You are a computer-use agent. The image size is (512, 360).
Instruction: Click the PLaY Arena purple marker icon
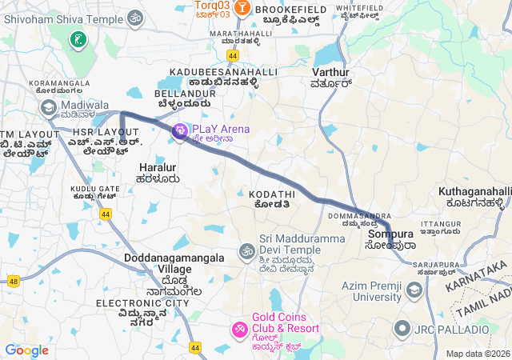point(180,130)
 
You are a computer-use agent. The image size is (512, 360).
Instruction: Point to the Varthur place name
point(330,72)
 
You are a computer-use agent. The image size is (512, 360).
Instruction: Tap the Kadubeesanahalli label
point(223,72)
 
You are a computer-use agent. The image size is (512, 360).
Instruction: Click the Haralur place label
point(157,167)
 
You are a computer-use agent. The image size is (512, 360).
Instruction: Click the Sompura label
point(388,235)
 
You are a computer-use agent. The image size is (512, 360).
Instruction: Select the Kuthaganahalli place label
point(474,191)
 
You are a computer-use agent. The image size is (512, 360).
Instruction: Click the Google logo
point(26,350)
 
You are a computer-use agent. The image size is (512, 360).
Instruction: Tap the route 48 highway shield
point(14,281)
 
